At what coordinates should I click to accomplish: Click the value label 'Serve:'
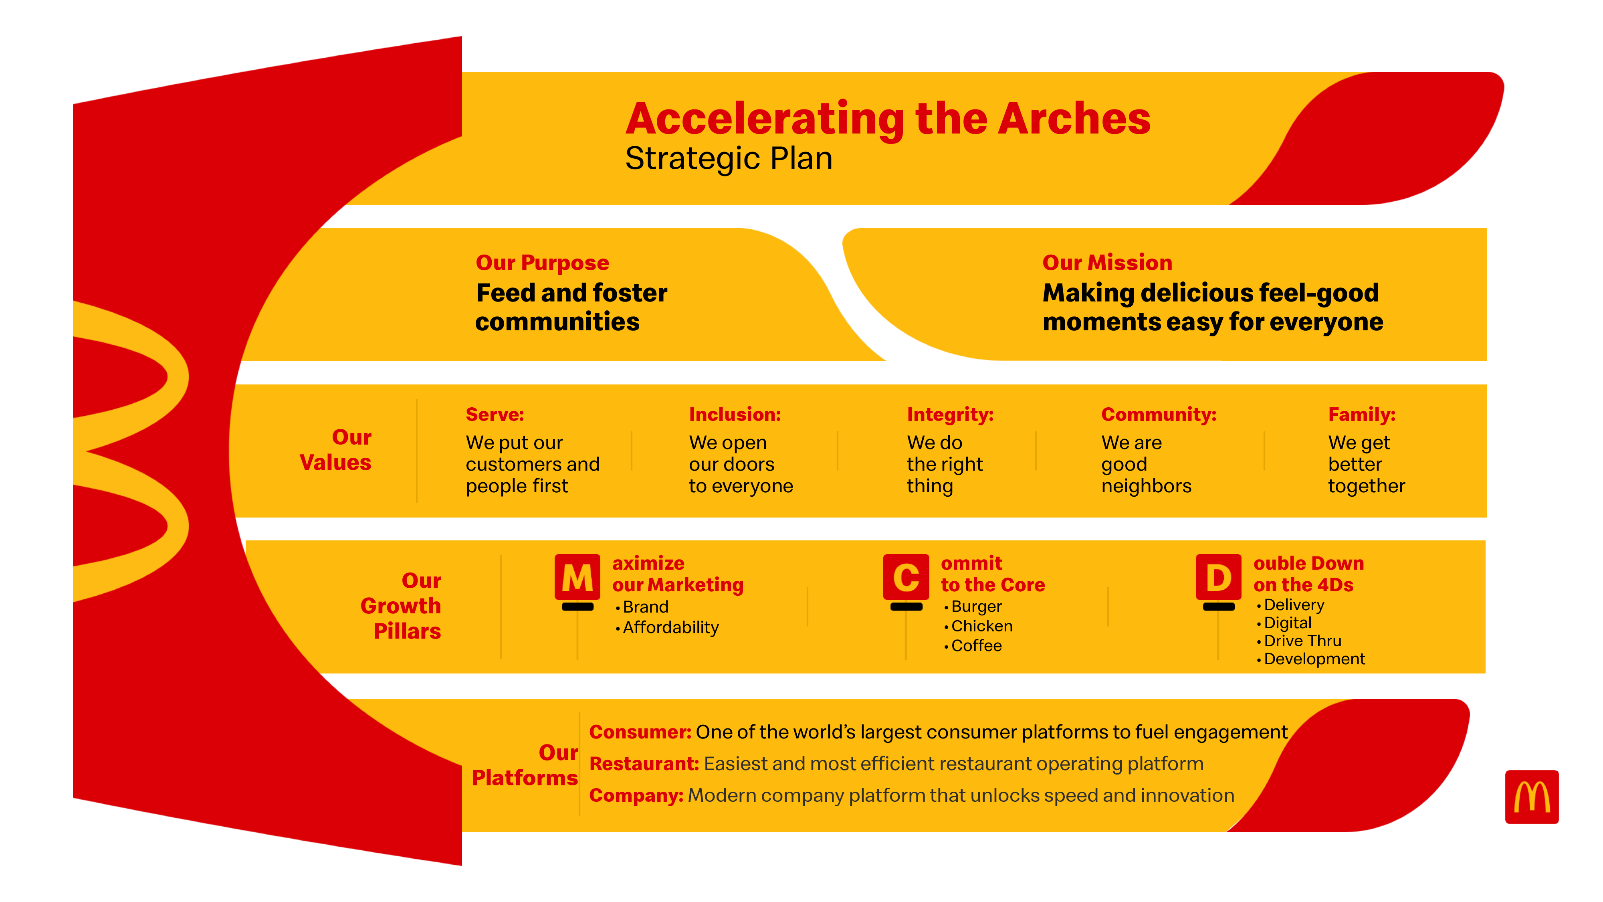[495, 415]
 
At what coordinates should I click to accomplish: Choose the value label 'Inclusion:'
[734, 415]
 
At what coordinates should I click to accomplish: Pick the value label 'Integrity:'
[950, 415]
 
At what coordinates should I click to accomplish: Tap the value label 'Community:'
[1158, 415]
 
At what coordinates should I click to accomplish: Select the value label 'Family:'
[1362, 415]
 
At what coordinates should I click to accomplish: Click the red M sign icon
[577, 577]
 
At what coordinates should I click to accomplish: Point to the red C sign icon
[906, 577]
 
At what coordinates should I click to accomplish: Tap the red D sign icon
[1218, 577]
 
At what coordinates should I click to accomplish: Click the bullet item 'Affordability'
[670, 627]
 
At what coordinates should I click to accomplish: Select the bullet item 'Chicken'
[981, 626]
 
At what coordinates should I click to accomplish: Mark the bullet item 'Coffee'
[976, 646]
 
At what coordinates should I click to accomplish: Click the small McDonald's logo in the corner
[1531, 797]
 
